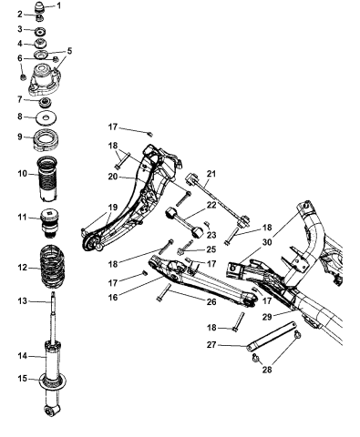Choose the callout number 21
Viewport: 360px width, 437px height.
[211, 173]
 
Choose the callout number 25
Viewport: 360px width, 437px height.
[211, 249]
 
